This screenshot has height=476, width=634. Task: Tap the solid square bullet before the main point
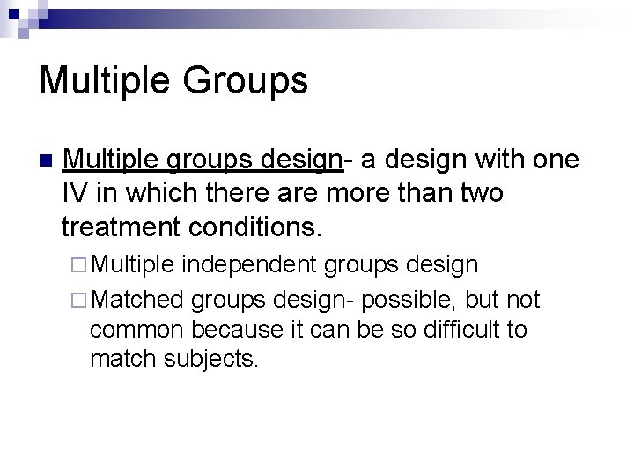(x=46, y=162)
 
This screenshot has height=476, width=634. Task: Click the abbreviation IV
(x=74, y=194)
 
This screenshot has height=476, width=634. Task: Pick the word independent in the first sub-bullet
(x=255, y=264)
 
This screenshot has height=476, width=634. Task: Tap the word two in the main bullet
(x=476, y=194)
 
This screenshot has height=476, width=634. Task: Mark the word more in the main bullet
(x=380, y=194)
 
